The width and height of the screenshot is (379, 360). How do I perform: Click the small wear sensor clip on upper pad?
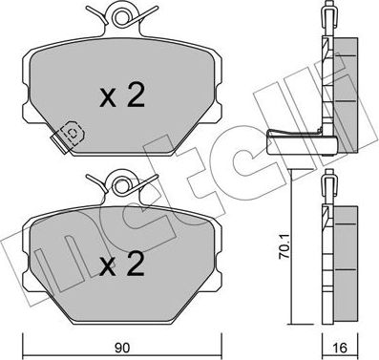pyautogui.click(x=71, y=133)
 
